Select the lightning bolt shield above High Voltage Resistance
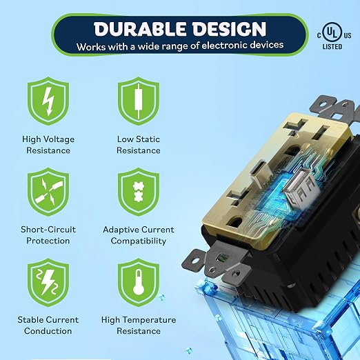tap(48, 101)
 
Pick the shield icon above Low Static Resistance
tap(139, 101)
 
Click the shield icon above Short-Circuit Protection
tap(48, 192)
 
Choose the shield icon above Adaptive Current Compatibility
tap(139, 192)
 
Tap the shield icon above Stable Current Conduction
tap(48, 282)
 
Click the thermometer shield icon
tap(139, 282)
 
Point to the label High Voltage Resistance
tap(48, 145)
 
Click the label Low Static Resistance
tap(139, 145)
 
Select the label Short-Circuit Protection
tap(48, 235)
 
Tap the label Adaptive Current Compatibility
tap(139, 235)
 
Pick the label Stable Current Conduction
tap(48, 326)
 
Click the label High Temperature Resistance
tap(139, 326)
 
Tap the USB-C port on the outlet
tap(260, 174)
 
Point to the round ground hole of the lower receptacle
tap(234, 222)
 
